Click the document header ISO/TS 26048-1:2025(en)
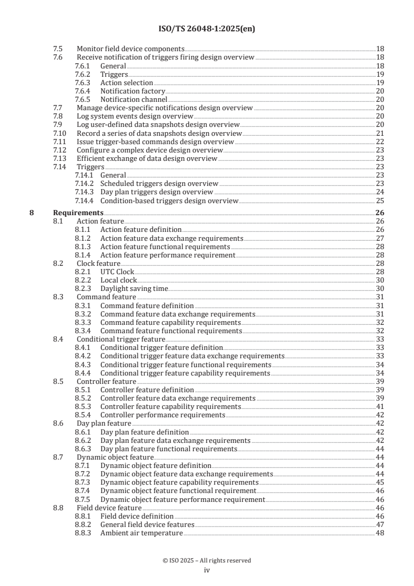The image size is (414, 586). tap(207, 29)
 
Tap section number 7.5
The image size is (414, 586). tap(58, 49)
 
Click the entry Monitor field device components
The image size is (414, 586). tap(130, 49)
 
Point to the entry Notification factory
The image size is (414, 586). tap(133, 91)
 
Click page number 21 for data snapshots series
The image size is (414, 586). tap(380, 134)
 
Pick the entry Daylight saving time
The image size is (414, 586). tap(134, 289)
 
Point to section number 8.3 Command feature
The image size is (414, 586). tap(58, 297)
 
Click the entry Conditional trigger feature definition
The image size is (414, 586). tap(161, 348)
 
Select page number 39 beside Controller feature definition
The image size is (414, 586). tap(380, 390)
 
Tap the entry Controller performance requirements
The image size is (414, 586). tap(162, 415)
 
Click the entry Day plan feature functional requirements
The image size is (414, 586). tap(169, 449)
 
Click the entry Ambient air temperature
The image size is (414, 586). tap(141, 533)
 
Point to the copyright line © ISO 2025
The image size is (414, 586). tap(207, 560)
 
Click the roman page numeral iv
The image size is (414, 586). tap(207, 570)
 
